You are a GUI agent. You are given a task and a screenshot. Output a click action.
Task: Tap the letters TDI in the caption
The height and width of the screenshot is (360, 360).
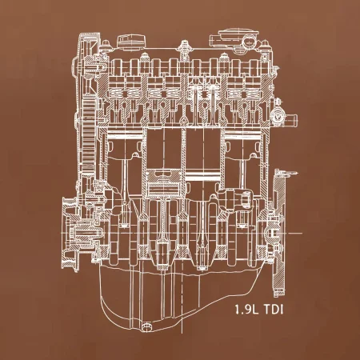pyautogui.click(x=273, y=310)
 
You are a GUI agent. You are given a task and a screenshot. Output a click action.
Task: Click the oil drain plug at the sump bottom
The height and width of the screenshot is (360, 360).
pyautogui.click(x=146, y=326)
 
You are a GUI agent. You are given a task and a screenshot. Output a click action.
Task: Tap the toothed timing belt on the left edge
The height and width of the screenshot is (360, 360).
pyautogui.click(x=89, y=134)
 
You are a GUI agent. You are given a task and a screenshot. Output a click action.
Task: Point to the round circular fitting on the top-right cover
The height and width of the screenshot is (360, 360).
pyautogui.click(x=250, y=42)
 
